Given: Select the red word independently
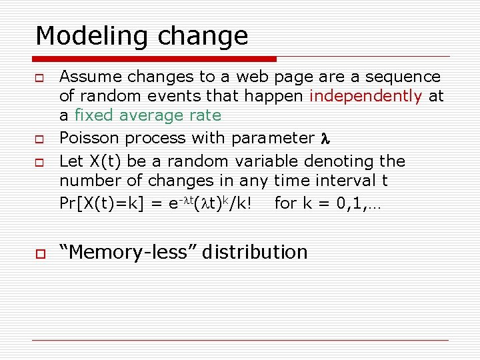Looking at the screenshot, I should tap(365, 97).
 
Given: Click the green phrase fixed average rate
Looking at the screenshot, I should tap(147, 115).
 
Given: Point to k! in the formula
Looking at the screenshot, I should tap(243, 203).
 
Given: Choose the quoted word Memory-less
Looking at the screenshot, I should tap(129, 252).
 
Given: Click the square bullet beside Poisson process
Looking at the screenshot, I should tap(40, 139).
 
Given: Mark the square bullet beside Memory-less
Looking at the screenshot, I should tap(40, 253).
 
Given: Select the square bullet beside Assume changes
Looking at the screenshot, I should tap(40, 78).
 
